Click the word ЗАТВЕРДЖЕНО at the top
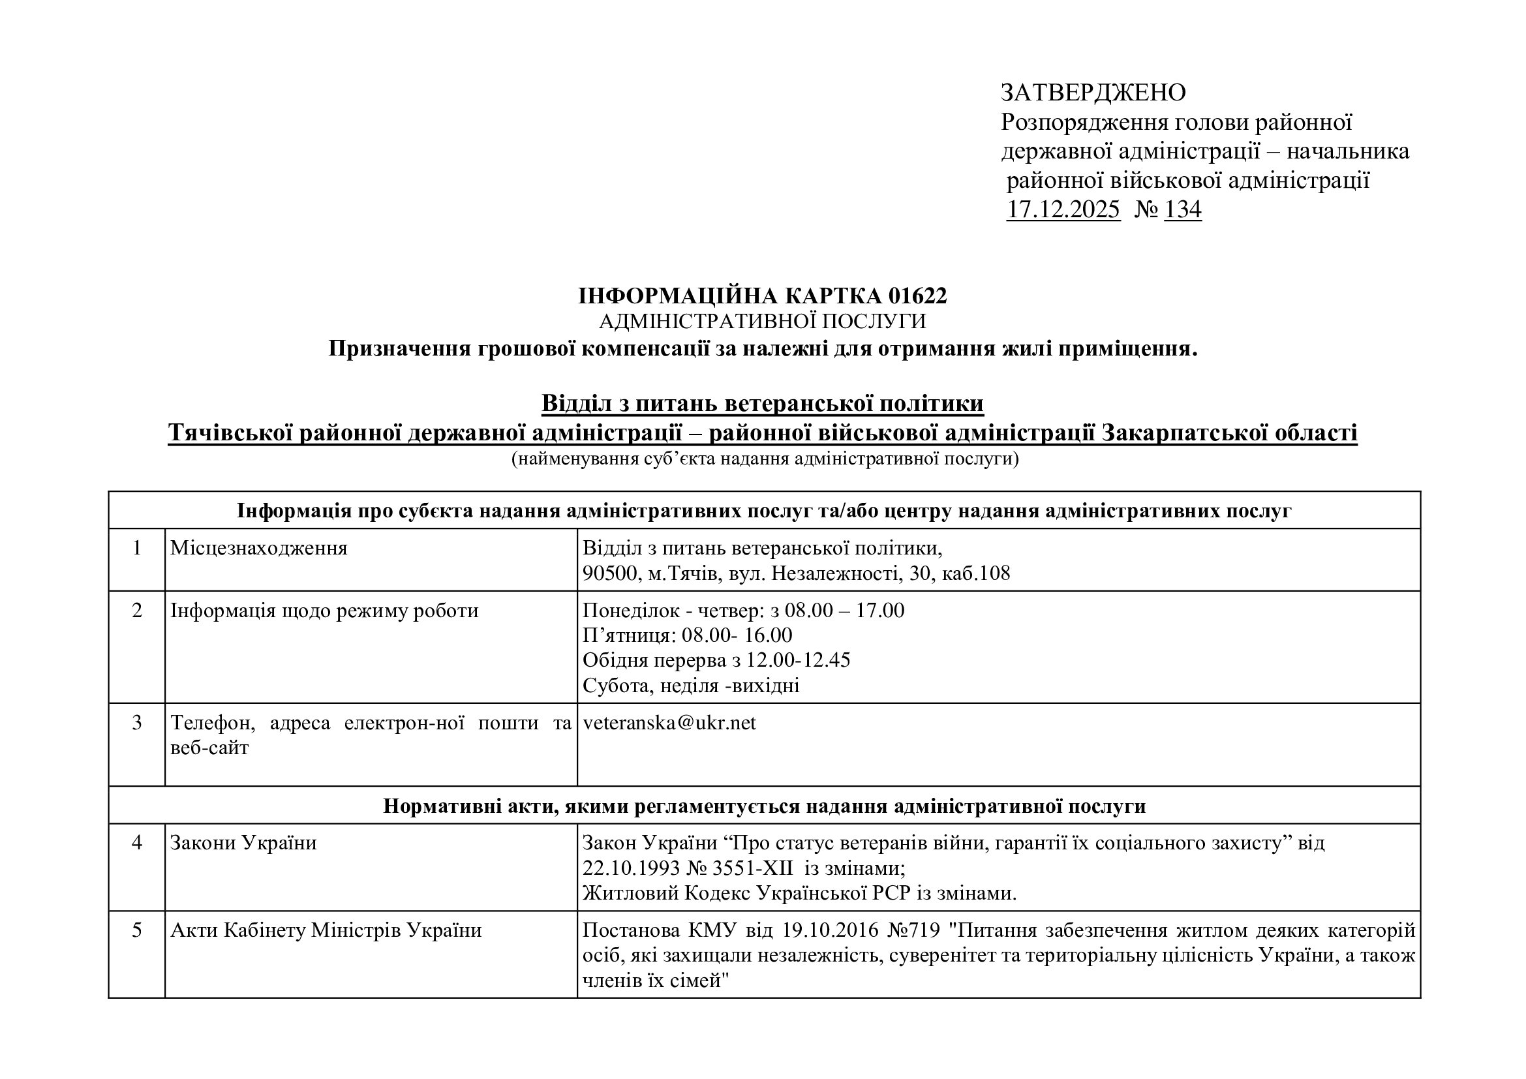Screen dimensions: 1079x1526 tap(1093, 93)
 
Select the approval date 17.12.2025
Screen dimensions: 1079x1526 tap(1063, 209)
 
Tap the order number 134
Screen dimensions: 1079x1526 tap(1183, 209)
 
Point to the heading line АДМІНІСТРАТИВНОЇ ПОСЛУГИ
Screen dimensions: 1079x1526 tap(762, 322)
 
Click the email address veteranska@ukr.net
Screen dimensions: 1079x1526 tap(669, 723)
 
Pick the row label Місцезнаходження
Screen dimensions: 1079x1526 tap(258, 548)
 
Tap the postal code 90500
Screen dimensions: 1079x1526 tap(609, 573)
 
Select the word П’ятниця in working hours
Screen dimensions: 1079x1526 tap(628, 635)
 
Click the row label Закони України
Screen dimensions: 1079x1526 tap(243, 843)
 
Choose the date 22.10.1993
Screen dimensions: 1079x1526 tap(632, 868)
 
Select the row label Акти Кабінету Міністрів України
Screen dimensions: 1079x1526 tap(326, 930)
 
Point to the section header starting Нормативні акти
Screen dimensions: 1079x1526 tap(765, 806)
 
